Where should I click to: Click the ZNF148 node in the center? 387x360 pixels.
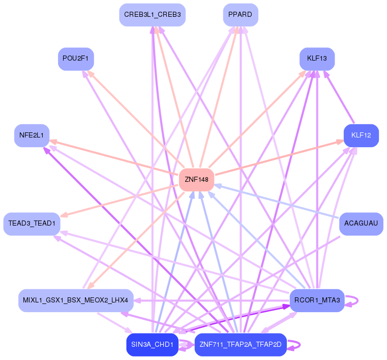pyautogui.click(x=196, y=179)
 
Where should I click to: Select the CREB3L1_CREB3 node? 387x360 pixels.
pyautogui.click(x=152, y=15)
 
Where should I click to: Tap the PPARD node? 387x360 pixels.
pyautogui.click(x=240, y=15)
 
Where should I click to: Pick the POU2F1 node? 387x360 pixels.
pyautogui.click(x=75, y=59)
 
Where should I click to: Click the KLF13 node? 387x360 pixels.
pyautogui.click(x=317, y=59)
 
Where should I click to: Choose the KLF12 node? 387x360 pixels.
pyautogui.click(x=361, y=135)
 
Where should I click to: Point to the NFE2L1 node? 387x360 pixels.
pyautogui.click(x=32, y=135)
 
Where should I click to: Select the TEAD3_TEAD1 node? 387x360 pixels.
pyautogui.click(x=32, y=224)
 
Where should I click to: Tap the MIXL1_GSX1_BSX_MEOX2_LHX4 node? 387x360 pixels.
pyautogui.click(x=76, y=300)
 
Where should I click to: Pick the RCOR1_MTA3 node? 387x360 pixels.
pyautogui.click(x=317, y=300)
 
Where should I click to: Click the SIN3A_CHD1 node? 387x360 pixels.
pyautogui.click(x=152, y=345)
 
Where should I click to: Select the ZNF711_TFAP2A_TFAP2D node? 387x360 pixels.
pyautogui.click(x=241, y=345)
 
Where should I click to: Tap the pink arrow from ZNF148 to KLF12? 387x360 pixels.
pyautogui.click(x=280, y=158)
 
